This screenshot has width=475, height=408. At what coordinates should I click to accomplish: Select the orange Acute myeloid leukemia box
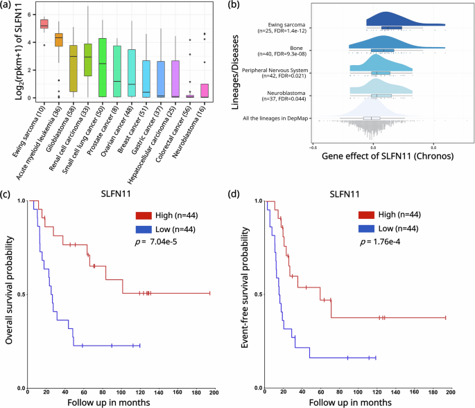tap(59, 39)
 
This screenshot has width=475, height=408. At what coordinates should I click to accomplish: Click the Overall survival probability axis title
tap(9, 294)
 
